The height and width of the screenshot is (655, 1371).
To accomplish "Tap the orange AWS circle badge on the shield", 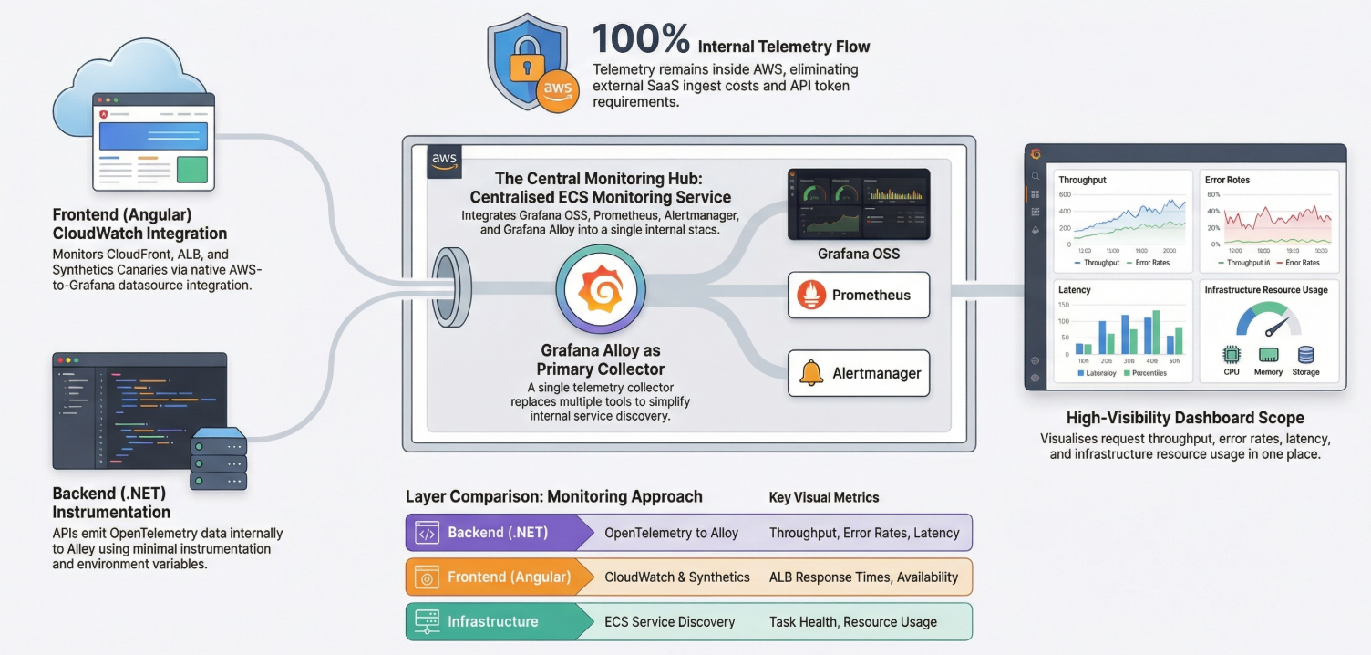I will (x=557, y=89).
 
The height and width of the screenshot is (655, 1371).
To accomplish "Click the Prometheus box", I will (x=858, y=295).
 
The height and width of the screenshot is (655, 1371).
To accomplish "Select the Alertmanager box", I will (x=858, y=373).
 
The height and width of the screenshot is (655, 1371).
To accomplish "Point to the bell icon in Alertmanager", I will (x=810, y=373).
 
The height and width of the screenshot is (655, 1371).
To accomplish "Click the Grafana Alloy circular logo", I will (x=601, y=289).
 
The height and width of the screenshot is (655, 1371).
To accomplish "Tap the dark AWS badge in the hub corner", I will (x=444, y=161).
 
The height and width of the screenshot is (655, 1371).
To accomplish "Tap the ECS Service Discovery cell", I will (x=669, y=621).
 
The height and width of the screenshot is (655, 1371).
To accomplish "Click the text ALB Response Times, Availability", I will (x=863, y=577).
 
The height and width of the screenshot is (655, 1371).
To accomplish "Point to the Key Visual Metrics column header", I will (x=824, y=497).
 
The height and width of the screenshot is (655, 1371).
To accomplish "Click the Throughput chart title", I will (x=1082, y=180).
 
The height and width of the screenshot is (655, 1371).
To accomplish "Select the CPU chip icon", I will (x=1232, y=355).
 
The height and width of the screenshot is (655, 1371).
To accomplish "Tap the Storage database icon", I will (x=1305, y=355).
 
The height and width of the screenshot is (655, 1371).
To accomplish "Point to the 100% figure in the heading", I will (x=641, y=40).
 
